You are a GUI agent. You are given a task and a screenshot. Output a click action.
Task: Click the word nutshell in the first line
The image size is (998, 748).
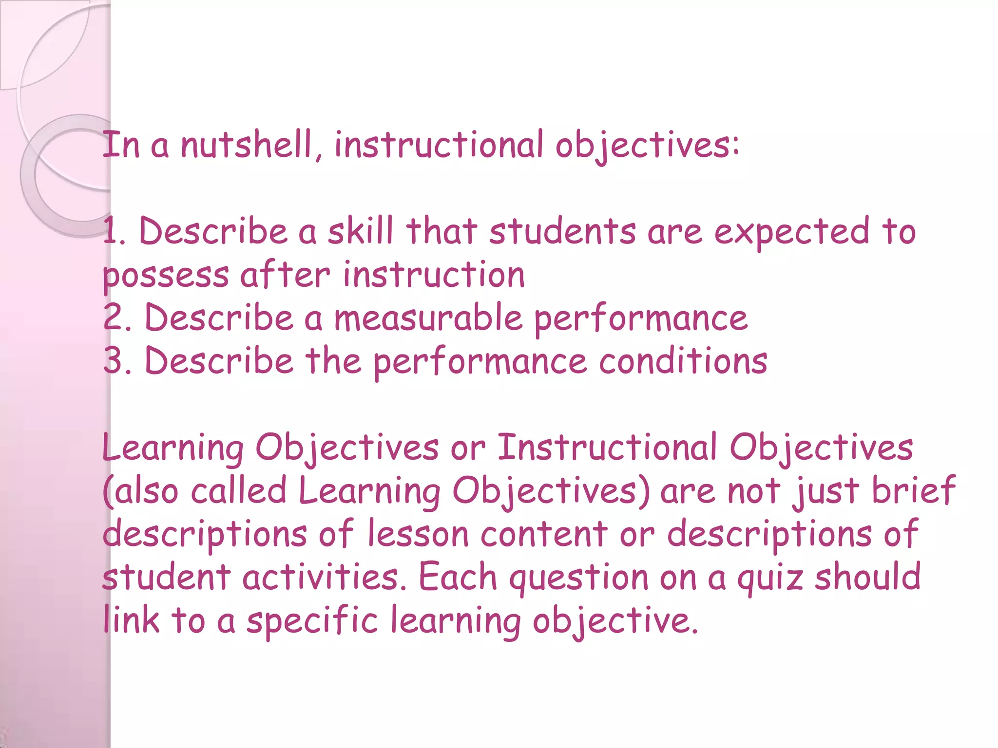coord(246,145)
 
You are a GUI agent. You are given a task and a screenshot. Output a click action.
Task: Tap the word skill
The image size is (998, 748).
coord(360,231)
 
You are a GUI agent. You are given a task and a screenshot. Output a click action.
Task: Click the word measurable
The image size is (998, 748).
coord(428,318)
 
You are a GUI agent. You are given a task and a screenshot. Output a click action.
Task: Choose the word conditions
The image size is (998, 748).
coord(683,361)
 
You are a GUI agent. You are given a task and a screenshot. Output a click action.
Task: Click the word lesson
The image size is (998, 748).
coord(418,533)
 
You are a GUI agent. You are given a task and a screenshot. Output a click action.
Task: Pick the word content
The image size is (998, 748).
coord(544,533)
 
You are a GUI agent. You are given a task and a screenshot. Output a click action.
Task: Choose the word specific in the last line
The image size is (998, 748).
coord(312,621)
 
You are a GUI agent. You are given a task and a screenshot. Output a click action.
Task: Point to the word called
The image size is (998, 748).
coord(238,490)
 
